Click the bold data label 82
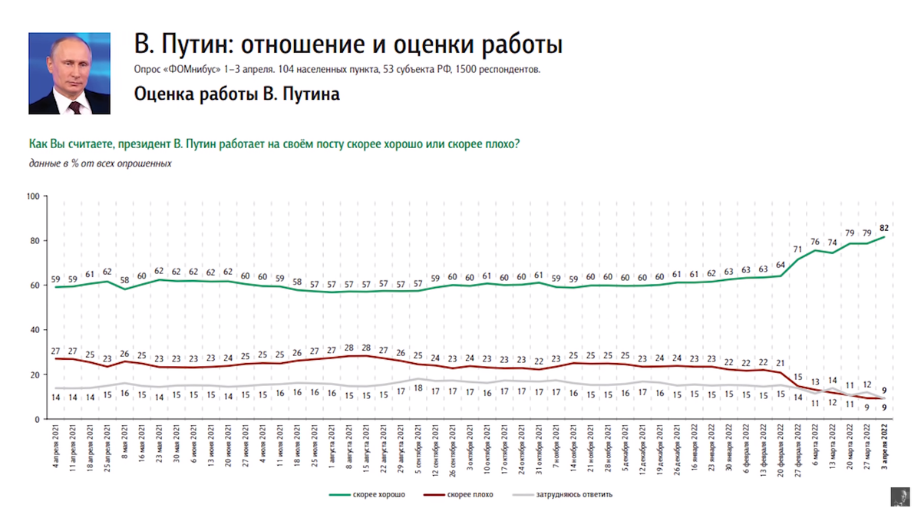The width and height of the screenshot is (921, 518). tap(883, 228)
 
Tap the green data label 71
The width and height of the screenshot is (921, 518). tap(797, 249)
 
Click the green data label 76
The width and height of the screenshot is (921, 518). tap(815, 242)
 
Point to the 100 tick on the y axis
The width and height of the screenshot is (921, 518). tap(32, 196)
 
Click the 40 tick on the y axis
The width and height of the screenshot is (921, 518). tap(35, 330)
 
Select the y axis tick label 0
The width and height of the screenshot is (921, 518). tap(37, 419)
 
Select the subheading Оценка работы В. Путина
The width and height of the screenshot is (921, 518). tap(236, 94)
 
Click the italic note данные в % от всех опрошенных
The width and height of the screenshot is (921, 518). tap(100, 163)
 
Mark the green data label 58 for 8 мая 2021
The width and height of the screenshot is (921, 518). tap(124, 280)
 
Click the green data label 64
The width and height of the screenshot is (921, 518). tap(781, 266)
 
